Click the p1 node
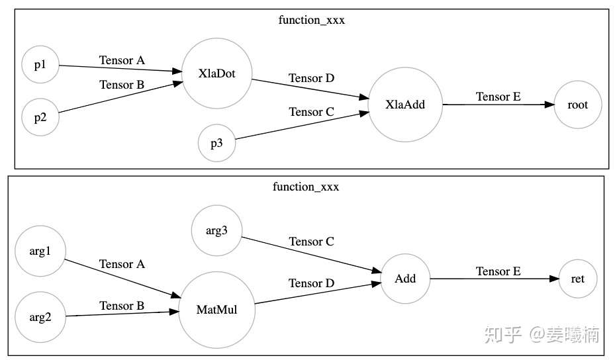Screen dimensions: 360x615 pyautogui.click(x=40, y=65)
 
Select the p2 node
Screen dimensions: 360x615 pyautogui.click(x=40, y=117)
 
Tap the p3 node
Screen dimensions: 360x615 pyautogui.click(x=216, y=144)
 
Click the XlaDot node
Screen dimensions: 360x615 pyautogui.click(x=216, y=73)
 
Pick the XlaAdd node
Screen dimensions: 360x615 pyautogui.click(x=404, y=104)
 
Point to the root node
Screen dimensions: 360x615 pyautogui.click(x=577, y=104)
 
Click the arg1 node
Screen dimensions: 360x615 pyautogui.click(x=40, y=251)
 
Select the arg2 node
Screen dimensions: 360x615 pyautogui.click(x=40, y=316)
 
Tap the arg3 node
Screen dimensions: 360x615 pyautogui.click(x=216, y=230)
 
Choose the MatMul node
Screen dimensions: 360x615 pyautogui.click(x=216, y=309)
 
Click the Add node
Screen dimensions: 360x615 pyautogui.click(x=404, y=278)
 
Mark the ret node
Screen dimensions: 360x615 pyautogui.click(x=577, y=279)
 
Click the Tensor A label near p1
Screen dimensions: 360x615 pyautogui.click(x=122, y=60)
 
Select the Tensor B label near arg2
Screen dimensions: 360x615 pyautogui.click(x=122, y=306)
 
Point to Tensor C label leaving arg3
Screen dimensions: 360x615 pyautogui.click(x=311, y=242)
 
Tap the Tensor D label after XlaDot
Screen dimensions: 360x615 pyautogui.click(x=311, y=78)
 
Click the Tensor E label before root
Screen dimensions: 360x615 pyautogui.click(x=498, y=97)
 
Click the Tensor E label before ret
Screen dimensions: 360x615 pyautogui.click(x=498, y=271)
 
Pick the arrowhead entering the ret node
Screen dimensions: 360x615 pyautogui.click(x=554, y=279)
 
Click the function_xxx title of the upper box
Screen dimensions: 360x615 pyautogui.click(x=312, y=20)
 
